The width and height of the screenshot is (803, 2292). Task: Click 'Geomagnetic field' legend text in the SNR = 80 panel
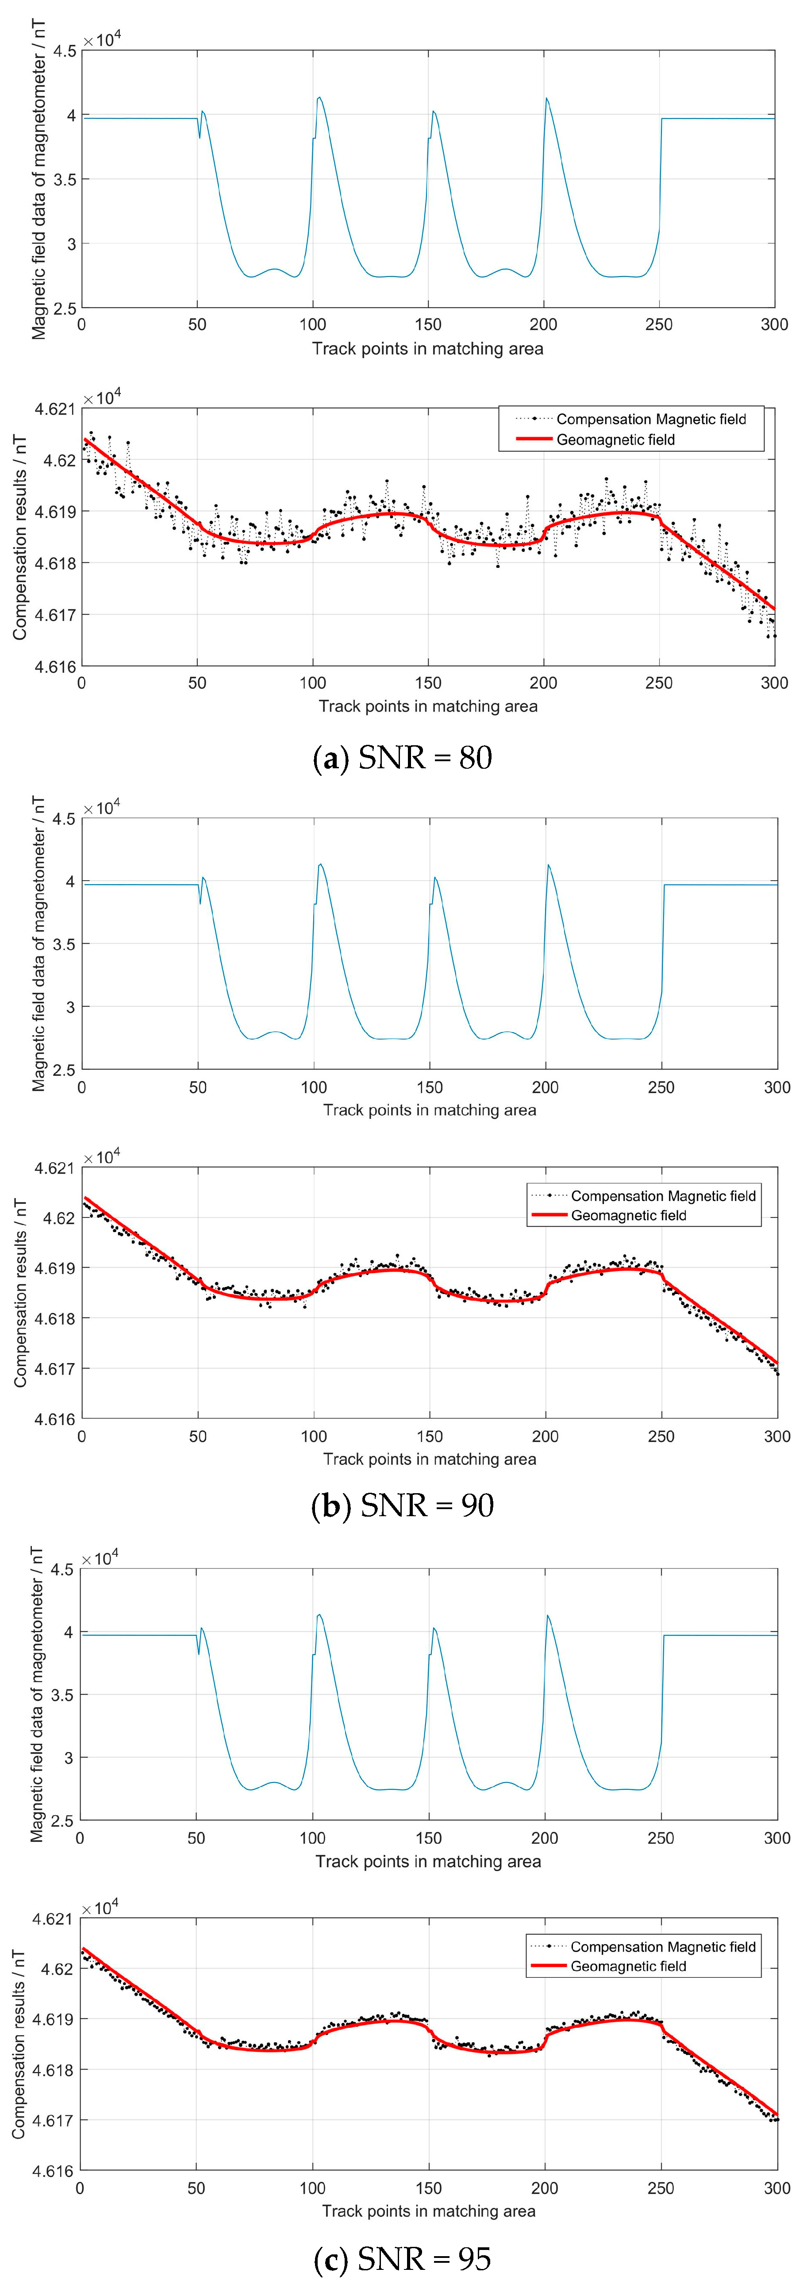(615, 439)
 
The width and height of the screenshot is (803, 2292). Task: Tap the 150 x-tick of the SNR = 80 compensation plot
(428, 683)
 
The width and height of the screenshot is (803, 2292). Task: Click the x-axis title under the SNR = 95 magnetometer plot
(428, 1861)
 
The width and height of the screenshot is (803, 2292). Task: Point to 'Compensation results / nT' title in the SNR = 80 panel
(19, 537)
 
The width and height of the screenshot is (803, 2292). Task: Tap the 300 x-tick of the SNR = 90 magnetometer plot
(776, 1087)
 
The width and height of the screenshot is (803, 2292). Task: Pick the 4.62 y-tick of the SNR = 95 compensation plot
(59, 1970)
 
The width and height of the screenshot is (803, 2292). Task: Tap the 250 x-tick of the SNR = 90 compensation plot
(661, 1436)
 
